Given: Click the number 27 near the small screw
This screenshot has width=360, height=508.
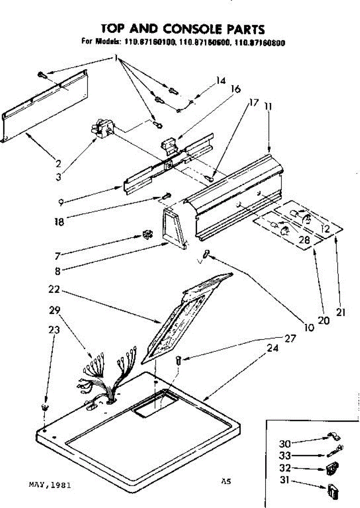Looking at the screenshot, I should point(290,338).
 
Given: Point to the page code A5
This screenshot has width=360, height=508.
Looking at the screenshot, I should point(226,481).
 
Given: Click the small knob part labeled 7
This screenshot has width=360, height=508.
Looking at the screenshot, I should point(147,234).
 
